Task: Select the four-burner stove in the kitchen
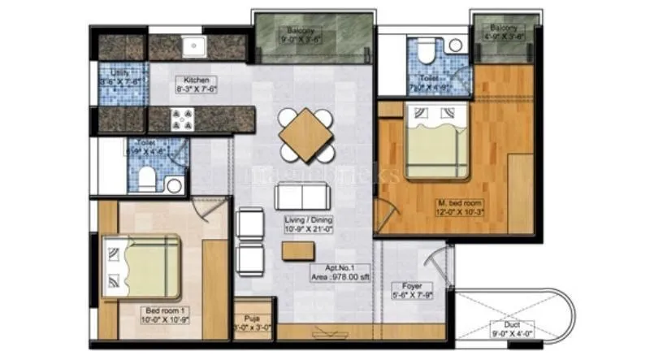pos(180,120)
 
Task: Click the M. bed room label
pos(460,207)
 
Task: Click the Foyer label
pos(412,291)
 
